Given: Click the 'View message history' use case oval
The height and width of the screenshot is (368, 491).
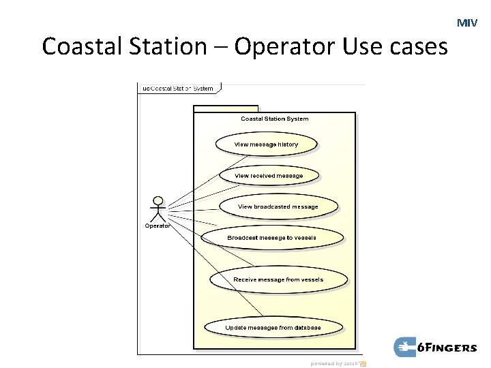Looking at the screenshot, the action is pos(267,144).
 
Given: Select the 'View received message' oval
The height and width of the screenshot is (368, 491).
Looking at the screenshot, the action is pos(269,176).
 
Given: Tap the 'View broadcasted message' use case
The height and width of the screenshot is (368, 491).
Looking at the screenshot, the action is pos(278,206).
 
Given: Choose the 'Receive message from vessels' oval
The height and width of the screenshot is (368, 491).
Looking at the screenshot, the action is pos(278,279).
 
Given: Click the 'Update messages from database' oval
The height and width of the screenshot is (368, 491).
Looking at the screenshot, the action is pos(273,328).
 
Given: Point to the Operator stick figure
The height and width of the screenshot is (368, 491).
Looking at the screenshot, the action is pos(158,209).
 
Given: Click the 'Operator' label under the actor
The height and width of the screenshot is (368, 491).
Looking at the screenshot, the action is pos(158,226).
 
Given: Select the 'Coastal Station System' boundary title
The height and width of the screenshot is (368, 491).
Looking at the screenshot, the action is pos(274,119).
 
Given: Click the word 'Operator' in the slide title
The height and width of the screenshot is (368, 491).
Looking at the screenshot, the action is pos(287,47).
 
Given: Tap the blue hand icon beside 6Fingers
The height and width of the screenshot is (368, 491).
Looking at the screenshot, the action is pos(405,347).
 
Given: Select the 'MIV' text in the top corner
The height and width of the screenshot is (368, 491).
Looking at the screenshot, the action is pos(467,23).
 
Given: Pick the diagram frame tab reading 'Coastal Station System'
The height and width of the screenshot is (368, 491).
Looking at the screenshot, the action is pos(178,88).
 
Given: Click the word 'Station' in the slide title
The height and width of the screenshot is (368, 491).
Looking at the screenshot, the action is pos(164,47).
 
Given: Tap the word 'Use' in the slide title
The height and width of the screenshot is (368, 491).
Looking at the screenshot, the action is pos(360,47).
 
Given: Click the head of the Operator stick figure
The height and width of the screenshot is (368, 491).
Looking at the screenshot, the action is pos(158,201).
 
